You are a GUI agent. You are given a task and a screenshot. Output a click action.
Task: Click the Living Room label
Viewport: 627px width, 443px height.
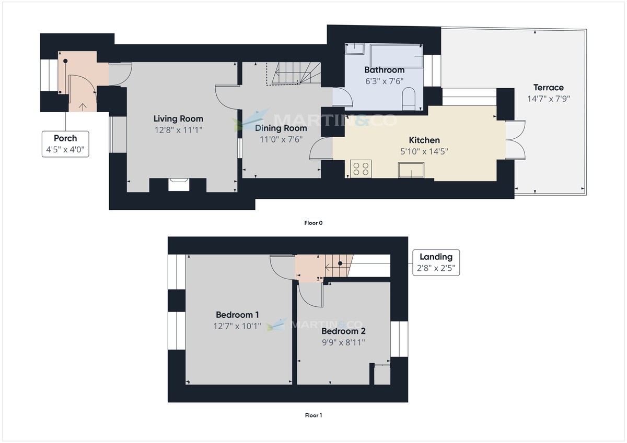tap(178, 119)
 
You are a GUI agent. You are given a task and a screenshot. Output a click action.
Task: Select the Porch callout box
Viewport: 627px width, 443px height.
tap(65, 145)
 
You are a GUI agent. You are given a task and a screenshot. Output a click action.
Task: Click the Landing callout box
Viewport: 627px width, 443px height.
tap(436, 262)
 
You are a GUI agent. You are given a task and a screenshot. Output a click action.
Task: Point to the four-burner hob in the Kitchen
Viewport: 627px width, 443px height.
tap(361, 169)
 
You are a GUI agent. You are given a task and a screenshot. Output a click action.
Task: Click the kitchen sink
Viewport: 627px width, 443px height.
tap(412, 170)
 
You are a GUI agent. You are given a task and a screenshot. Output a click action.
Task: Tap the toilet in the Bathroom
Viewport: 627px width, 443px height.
tap(409, 98)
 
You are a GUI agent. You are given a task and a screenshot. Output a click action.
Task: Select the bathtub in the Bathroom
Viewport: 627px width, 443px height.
tap(397, 56)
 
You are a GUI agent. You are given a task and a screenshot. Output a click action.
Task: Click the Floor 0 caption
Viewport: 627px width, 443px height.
tap(313, 223)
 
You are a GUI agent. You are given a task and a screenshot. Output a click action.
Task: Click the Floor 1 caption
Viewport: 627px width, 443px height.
tap(313, 415)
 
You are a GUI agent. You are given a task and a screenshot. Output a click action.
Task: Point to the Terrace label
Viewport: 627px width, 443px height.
tap(548, 88)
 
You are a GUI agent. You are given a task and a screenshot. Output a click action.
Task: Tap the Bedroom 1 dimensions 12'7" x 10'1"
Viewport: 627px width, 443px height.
tap(237, 326)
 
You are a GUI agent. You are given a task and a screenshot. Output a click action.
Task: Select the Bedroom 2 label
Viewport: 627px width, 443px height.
tap(343, 331)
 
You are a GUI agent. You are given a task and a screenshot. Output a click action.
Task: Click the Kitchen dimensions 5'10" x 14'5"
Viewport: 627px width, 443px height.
tap(424, 151)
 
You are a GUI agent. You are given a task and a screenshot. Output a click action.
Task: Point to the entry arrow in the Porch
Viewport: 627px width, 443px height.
tap(83, 107)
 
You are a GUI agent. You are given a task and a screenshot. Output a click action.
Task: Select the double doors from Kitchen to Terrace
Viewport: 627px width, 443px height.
tap(514, 139)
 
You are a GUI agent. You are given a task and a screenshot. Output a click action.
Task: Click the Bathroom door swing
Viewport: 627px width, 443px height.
tap(341, 97)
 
